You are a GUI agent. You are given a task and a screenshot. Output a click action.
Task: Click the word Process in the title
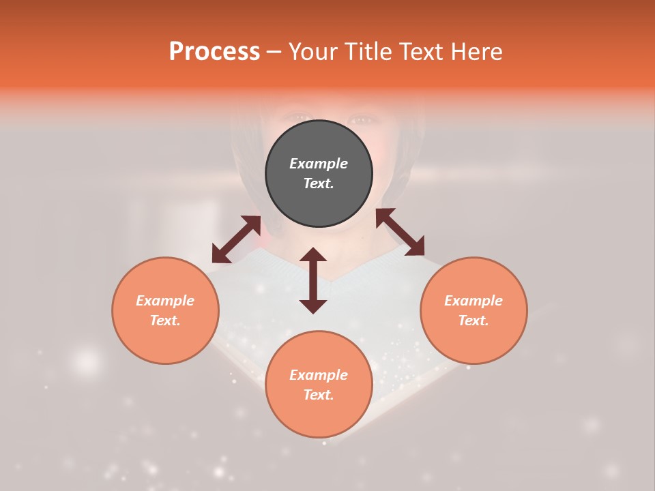click(214, 52)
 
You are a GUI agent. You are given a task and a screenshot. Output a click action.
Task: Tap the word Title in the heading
click(368, 52)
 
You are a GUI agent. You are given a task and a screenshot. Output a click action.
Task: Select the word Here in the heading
click(476, 52)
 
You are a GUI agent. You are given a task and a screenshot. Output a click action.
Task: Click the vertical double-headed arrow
click(313, 280)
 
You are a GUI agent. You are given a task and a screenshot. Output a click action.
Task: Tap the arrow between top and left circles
click(236, 239)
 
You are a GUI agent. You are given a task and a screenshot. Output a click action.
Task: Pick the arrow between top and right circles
click(400, 232)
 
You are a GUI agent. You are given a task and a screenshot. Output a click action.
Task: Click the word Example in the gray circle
click(319, 164)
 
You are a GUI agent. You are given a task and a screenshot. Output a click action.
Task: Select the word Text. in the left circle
click(165, 321)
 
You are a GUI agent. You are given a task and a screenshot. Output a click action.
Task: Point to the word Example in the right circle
click(474, 301)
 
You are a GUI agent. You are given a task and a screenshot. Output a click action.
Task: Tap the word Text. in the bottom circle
click(319, 395)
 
